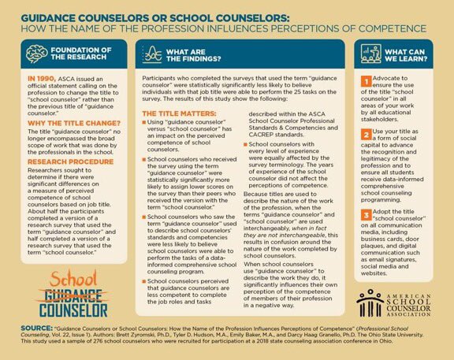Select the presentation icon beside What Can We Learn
tap(370, 57)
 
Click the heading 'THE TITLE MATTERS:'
tap(171, 114)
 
